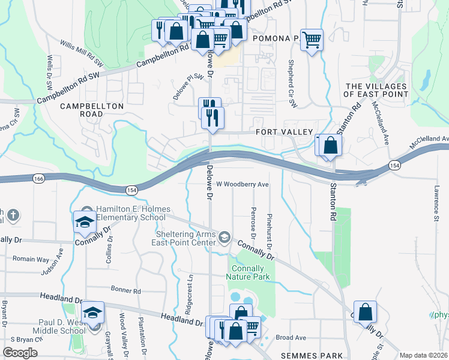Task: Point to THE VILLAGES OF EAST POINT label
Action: (x=376, y=90)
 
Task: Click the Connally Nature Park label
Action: (x=248, y=272)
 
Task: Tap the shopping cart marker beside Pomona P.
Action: (x=312, y=40)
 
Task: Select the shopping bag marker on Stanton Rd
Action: (x=330, y=145)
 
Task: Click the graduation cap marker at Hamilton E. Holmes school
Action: (x=85, y=222)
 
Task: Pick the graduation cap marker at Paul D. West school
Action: (x=93, y=312)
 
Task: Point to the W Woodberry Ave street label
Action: (x=242, y=184)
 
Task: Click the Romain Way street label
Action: (x=31, y=259)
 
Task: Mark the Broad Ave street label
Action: (x=291, y=338)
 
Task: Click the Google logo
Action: (x=20, y=352)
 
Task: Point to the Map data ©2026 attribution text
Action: (x=424, y=355)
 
